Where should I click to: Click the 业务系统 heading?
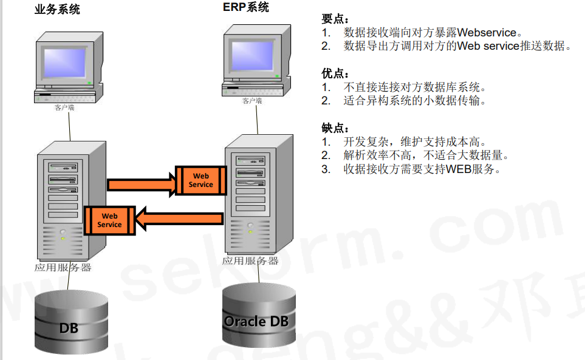click(58, 9)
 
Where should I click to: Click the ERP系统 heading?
click(246, 7)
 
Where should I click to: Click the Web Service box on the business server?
click(109, 220)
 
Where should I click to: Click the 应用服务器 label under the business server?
click(63, 267)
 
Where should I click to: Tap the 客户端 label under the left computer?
click(64, 107)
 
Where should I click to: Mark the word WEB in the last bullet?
click(460, 169)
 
